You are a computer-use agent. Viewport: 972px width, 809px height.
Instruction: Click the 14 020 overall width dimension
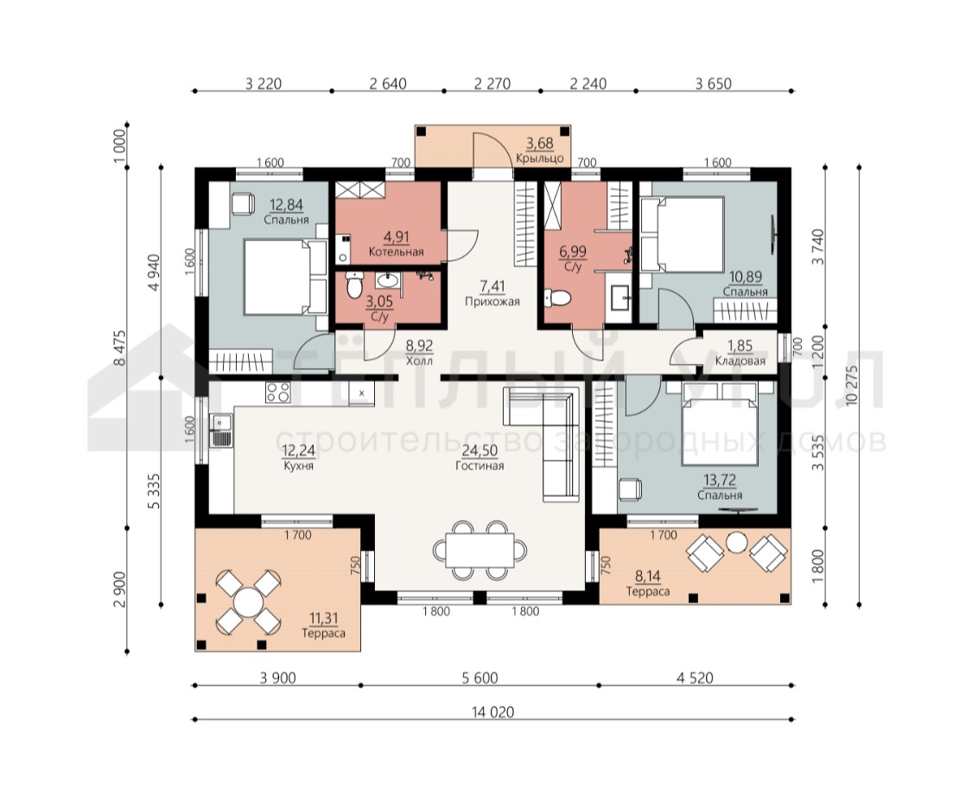click(492, 711)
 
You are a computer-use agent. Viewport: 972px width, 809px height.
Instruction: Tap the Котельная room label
click(396, 252)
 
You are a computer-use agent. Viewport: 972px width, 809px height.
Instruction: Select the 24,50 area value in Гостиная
click(480, 450)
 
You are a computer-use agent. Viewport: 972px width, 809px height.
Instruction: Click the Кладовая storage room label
click(740, 360)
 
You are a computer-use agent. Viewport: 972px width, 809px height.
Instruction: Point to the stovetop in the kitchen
click(277, 392)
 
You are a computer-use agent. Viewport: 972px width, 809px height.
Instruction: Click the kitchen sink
click(221, 430)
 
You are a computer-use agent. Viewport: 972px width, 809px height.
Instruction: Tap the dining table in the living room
click(480, 550)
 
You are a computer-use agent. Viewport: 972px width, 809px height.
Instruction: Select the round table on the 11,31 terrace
click(248, 602)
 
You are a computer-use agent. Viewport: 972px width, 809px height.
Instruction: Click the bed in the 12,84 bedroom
click(285, 277)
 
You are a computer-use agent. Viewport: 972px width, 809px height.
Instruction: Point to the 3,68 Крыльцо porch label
click(540, 150)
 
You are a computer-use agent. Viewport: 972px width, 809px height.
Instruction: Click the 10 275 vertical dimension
click(851, 385)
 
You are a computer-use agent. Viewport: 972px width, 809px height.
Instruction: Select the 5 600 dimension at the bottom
click(480, 678)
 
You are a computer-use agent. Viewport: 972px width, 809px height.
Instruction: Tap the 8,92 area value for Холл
click(419, 346)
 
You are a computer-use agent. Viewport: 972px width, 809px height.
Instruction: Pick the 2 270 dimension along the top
click(492, 83)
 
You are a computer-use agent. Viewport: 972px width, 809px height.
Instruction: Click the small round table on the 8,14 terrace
click(736, 543)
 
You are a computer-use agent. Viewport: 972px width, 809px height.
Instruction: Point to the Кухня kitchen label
click(298, 466)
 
